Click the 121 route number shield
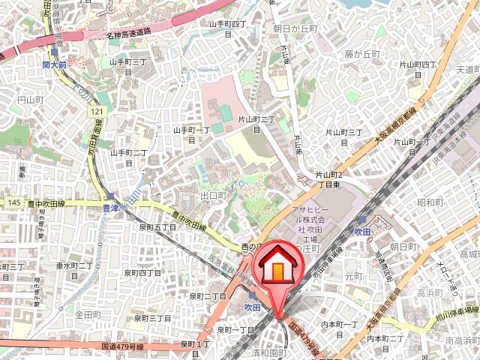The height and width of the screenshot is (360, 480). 97,111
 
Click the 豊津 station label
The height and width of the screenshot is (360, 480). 112,209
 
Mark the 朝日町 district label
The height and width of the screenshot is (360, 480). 403,246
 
